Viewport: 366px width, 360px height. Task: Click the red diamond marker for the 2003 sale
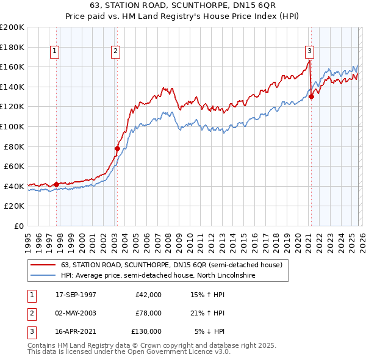tap(118, 148)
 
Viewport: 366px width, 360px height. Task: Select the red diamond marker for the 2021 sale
tap(311, 96)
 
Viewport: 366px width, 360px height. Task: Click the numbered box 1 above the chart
tap(55, 51)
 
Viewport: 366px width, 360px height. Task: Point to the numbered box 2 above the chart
tap(115, 51)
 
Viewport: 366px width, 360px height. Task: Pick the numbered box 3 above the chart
tap(309, 51)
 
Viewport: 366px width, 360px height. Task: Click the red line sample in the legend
tap(43, 265)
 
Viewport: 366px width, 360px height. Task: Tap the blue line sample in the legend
tap(43, 276)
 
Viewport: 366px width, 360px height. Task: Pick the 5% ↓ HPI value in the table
tap(210, 331)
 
